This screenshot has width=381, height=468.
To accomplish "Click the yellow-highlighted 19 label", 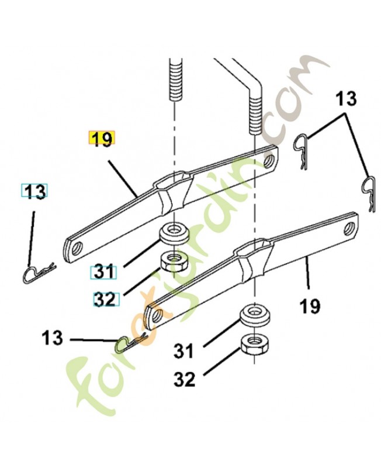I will [102, 139].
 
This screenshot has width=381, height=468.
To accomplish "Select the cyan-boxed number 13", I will [35, 191].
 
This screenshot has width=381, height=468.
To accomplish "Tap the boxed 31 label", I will [103, 273].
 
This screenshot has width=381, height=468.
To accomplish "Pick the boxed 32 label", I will [105, 300].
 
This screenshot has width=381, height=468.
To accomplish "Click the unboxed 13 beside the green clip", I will [53, 338].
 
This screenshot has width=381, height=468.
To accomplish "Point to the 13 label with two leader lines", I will [345, 98].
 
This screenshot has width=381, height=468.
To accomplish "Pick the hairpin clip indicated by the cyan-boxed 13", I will [39, 272].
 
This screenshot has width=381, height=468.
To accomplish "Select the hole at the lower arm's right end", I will [351, 226].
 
